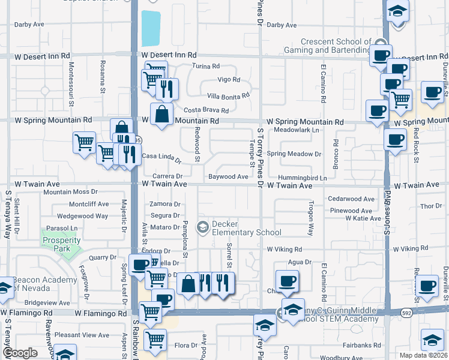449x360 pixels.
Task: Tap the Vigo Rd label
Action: click(x=228, y=80)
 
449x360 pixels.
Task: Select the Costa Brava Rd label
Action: click(x=206, y=110)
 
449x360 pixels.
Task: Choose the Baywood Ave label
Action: click(x=228, y=177)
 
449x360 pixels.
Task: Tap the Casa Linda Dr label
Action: click(x=161, y=158)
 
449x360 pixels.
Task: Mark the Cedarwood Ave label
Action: click(x=351, y=199)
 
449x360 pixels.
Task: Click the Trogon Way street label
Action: click(x=310, y=222)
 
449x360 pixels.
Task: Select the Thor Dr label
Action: click(x=431, y=206)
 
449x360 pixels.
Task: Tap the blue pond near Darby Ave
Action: click(x=151, y=28)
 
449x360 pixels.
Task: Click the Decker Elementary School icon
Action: click(x=202, y=227)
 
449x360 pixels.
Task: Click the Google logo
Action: click(x=20, y=352)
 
